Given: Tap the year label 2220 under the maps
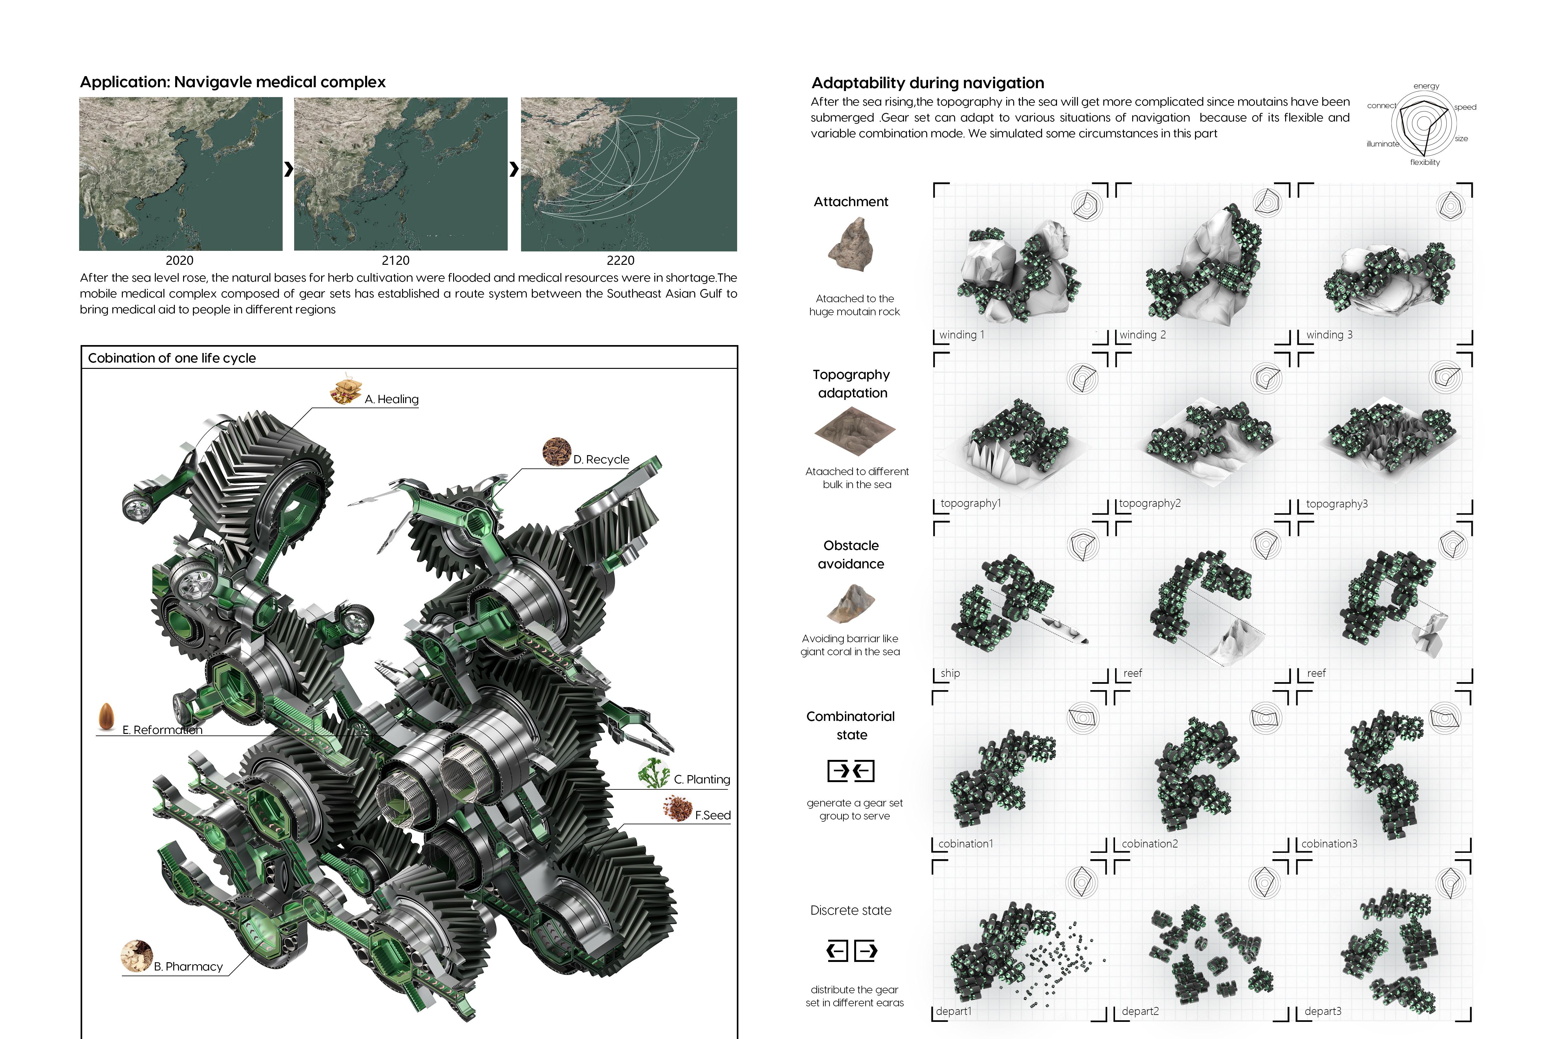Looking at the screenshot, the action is pos(621,260).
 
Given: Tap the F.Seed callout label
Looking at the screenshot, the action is pos(713,815).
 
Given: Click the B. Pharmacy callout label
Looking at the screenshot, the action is pos(188,967).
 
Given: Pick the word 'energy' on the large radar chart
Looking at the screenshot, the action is pos(1426,86).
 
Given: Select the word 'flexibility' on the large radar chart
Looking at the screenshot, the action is pos(1425,162).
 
